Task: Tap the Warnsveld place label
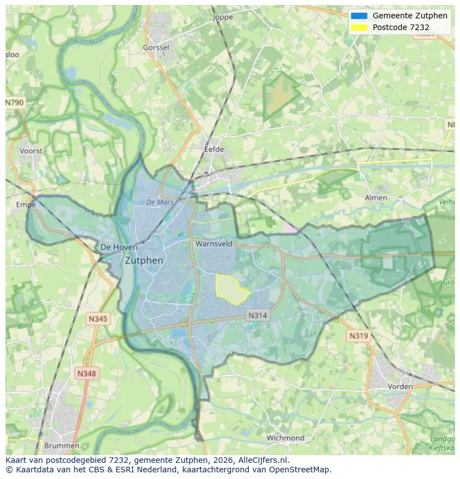tap(213, 244)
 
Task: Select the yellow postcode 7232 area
tap(231, 289)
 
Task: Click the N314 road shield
tap(257, 315)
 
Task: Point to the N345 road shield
tap(98, 319)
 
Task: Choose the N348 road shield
tap(86, 373)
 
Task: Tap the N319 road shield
tap(358, 335)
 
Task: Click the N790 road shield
tap(15, 103)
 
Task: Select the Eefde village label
tap(214, 149)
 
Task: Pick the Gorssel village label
tap(156, 48)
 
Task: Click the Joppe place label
tap(223, 17)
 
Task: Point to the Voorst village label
tap(31, 151)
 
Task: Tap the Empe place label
tap(26, 205)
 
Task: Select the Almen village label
tap(376, 197)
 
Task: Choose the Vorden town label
tap(400, 386)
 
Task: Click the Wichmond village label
tap(286, 438)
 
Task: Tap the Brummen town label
tap(61, 446)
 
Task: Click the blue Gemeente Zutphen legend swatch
tap(359, 16)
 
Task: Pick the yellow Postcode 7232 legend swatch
tap(359, 27)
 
